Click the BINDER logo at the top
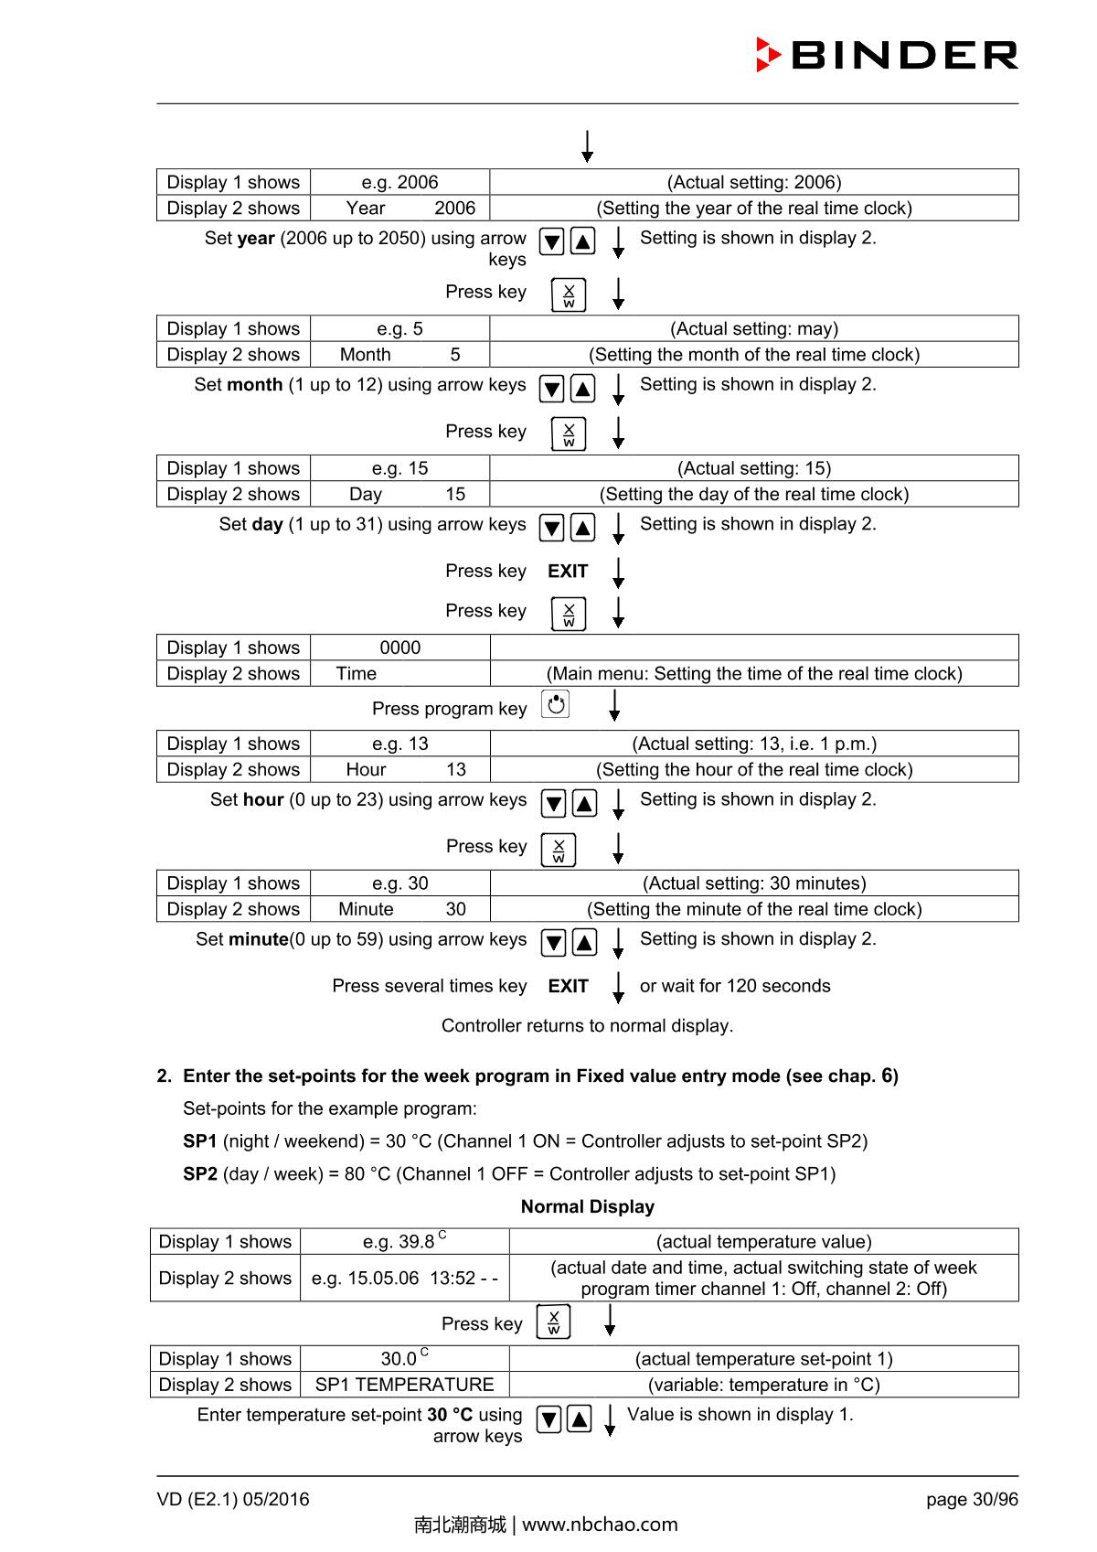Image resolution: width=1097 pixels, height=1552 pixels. pyautogui.click(x=887, y=55)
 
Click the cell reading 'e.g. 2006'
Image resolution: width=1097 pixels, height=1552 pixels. pyautogui.click(x=399, y=182)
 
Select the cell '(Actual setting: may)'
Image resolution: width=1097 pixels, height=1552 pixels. pyautogui.click(x=753, y=328)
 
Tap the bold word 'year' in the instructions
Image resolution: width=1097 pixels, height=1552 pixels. pyautogui.click(x=256, y=239)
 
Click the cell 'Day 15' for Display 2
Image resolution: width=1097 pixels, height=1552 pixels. pyautogui.click(x=399, y=494)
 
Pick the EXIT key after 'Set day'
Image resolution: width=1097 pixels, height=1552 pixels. pyautogui.click(x=568, y=572)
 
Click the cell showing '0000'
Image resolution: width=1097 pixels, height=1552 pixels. pyautogui.click(x=399, y=648)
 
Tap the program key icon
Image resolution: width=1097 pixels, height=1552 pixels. pyautogui.click(x=556, y=705)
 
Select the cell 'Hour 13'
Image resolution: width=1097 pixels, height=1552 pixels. pyautogui.click(x=400, y=770)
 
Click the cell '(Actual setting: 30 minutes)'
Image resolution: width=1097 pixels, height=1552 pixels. pyautogui.click(x=754, y=883)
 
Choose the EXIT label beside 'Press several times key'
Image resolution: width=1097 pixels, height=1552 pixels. pyautogui.click(x=568, y=986)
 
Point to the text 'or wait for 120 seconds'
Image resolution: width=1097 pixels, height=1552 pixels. pyautogui.click(x=735, y=986)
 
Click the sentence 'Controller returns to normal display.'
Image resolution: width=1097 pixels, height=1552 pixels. pyautogui.click(x=587, y=1026)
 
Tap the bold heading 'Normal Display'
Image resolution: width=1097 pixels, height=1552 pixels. pyautogui.click(x=587, y=1207)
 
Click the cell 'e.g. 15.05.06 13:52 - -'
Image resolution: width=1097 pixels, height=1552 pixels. pyautogui.click(x=404, y=1279)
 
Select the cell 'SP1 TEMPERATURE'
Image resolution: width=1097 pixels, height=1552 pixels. pyautogui.click(x=404, y=1385)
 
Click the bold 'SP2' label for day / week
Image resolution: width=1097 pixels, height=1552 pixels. pyautogui.click(x=200, y=1174)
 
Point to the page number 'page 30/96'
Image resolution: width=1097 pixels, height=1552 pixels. pyautogui.click(x=971, y=1500)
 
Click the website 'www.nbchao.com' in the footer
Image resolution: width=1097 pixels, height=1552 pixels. pyautogui.click(x=600, y=1525)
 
